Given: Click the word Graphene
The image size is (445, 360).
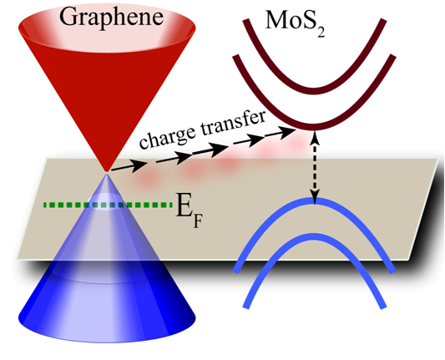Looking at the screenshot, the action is click(x=111, y=18).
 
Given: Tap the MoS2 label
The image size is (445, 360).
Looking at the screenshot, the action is click(x=296, y=23).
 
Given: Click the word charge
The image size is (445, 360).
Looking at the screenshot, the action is click(x=168, y=135).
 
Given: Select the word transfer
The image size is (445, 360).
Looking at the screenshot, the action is click(x=233, y=122).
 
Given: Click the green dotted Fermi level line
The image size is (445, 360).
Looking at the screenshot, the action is click(x=108, y=205).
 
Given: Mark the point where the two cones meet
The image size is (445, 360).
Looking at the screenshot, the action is click(x=106, y=173).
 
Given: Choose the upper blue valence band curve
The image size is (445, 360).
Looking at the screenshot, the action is click(x=314, y=200).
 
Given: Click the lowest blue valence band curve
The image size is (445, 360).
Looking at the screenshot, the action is click(x=314, y=236).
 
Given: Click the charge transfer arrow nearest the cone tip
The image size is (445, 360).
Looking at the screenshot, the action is click(x=129, y=167).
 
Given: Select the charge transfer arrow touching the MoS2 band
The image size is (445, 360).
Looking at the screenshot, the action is click(x=281, y=133).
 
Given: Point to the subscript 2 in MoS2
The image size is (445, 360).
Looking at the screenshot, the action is click(x=321, y=33).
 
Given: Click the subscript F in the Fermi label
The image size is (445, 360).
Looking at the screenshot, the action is click(x=198, y=222).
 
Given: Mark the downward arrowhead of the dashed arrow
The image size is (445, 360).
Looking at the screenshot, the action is click(x=315, y=198).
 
